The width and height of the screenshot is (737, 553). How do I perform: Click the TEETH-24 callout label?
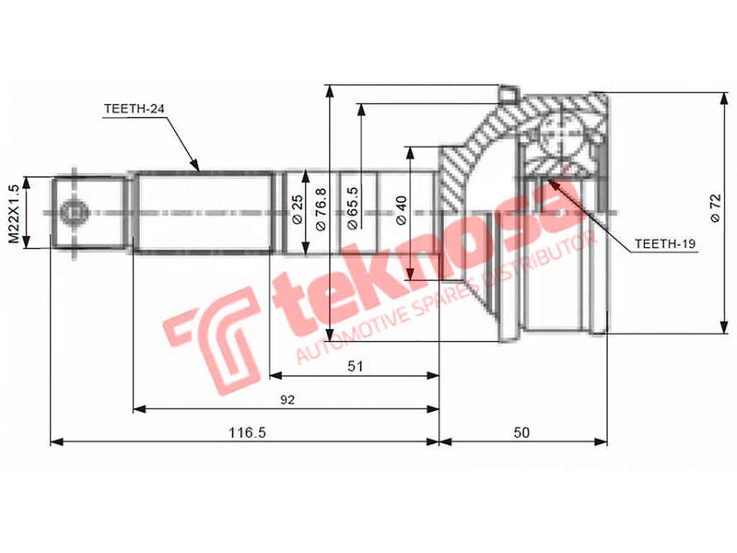[135, 109]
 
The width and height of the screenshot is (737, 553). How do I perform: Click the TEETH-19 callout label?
[664, 245]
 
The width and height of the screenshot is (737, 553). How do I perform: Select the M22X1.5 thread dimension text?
[14, 212]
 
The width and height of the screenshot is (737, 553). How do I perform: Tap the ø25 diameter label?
[297, 212]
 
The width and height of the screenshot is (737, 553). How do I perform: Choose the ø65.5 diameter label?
[353, 211]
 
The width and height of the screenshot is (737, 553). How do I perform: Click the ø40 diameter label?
[401, 211]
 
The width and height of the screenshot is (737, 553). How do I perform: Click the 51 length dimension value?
[356, 366]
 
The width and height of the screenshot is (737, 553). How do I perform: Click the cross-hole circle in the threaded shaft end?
[71, 213]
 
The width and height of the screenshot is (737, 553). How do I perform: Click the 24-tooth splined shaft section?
[203, 212]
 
